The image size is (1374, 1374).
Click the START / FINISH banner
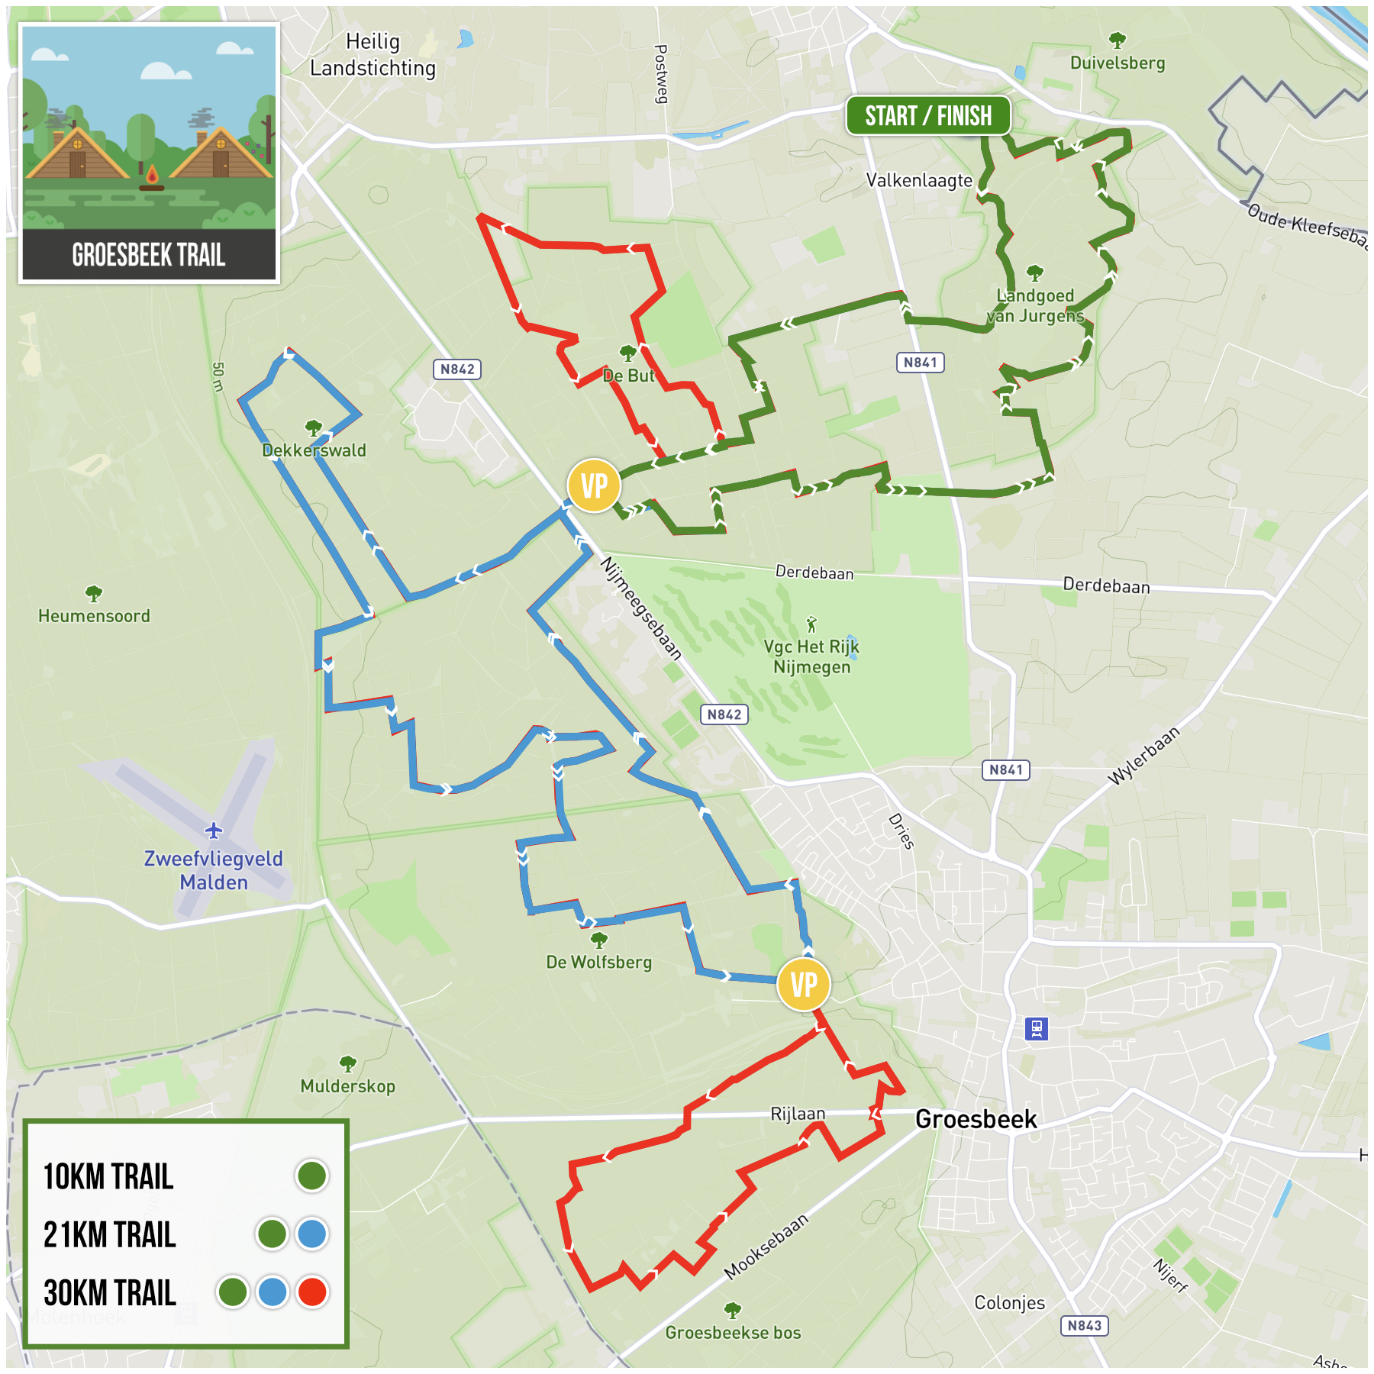[x=927, y=116]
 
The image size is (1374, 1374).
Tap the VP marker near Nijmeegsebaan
[x=594, y=485]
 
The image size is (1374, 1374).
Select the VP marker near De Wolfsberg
[x=803, y=985]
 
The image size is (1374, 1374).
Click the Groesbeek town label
[x=976, y=1119]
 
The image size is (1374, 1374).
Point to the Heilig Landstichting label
[x=373, y=55]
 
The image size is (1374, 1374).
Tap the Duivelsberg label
[x=1117, y=63]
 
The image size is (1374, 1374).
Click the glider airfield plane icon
[x=214, y=830]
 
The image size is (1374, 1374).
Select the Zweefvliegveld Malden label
[x=214, y=870]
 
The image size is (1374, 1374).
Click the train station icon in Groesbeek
[x=1036, y=1029]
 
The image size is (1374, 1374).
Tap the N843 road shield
[x=1084, y=1325]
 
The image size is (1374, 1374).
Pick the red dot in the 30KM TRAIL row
[x=312, y=1292]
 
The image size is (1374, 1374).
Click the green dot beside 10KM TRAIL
[x=311, y=1176]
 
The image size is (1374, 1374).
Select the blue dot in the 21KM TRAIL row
[x=311, y=1234]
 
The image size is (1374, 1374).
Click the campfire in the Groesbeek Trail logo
[x=151, y=178]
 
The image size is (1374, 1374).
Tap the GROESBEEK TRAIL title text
[x=149, y=255]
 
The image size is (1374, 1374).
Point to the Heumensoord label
[x=94, y=615]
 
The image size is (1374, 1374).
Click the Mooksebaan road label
[x=766, y=1247]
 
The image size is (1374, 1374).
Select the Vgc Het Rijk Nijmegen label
[x=811, y=656]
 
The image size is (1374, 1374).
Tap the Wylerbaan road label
[x=1143, y=755]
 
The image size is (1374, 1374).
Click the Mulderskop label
[x=347, y=1085]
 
